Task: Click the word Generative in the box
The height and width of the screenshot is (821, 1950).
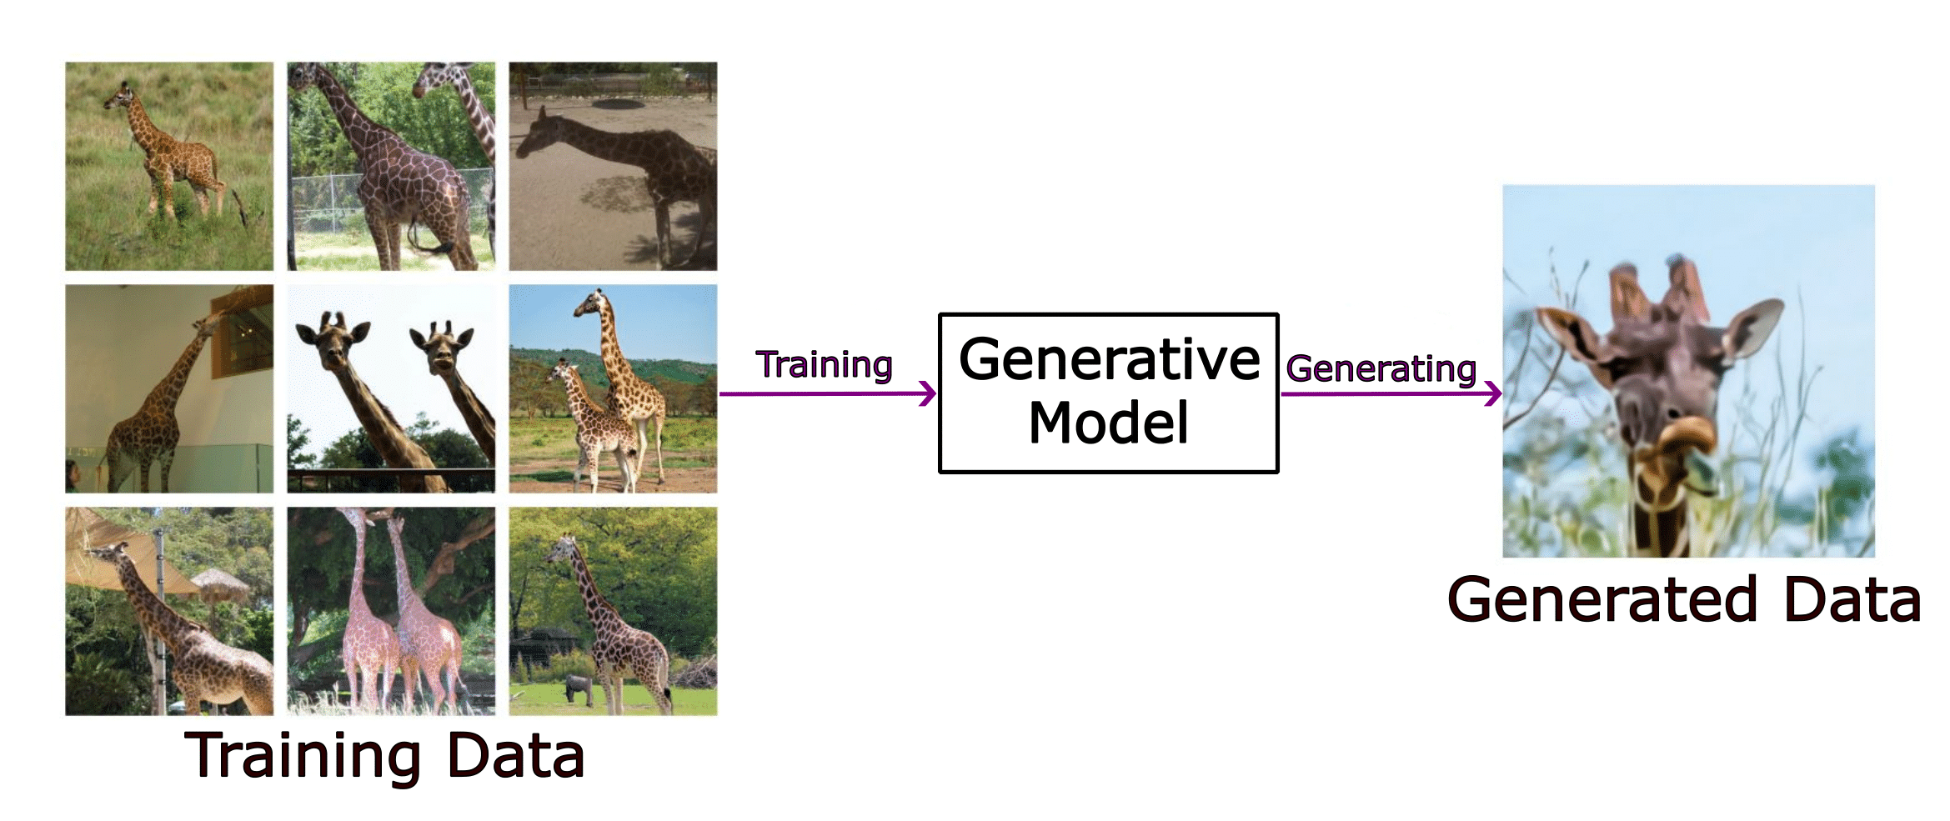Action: (1109, 359)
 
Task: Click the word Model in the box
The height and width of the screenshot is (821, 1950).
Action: (1108, 423)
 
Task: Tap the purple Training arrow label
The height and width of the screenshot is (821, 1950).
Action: (824, 364)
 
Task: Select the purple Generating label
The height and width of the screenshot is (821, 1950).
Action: (1381, 368)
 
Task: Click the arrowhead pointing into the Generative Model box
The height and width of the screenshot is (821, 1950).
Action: (928, 393)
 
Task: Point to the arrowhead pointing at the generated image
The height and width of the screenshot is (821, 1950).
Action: (1493, 393)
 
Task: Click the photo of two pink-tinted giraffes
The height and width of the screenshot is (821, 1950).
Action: (391, 611)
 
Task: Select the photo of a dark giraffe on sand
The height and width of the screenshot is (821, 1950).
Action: (613, 166)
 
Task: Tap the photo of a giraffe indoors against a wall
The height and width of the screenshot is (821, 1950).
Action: (169, 388)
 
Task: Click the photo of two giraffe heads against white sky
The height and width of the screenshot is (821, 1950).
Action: (391, 388)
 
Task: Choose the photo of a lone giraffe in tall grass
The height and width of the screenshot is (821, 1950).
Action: (169, 166)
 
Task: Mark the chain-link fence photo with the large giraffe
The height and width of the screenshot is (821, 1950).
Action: (391, 166)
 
